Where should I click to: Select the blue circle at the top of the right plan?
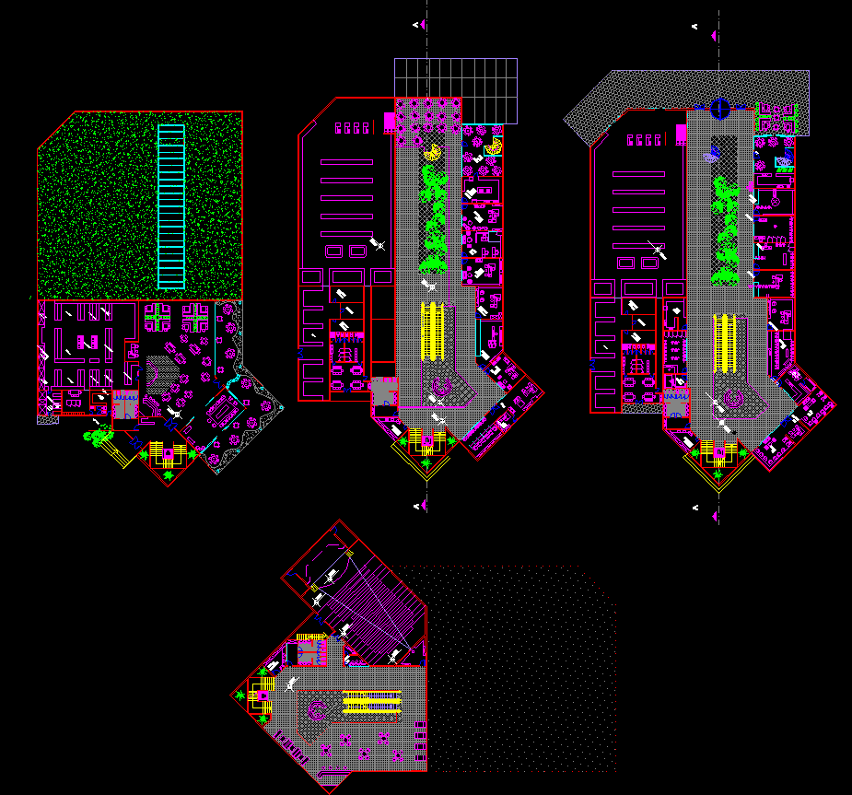coord(720,111)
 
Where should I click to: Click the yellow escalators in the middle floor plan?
coord(432,330)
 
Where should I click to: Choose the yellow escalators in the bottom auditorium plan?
coord(373,704)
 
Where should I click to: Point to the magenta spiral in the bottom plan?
coord(319,712)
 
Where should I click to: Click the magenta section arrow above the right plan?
coord(714,34)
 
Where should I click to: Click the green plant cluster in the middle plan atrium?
coord(432,221)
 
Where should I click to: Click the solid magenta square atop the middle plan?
coord(390,122)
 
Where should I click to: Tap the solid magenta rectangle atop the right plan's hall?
coord(681,134)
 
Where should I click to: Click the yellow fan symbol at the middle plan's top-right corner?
coord(495,145)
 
